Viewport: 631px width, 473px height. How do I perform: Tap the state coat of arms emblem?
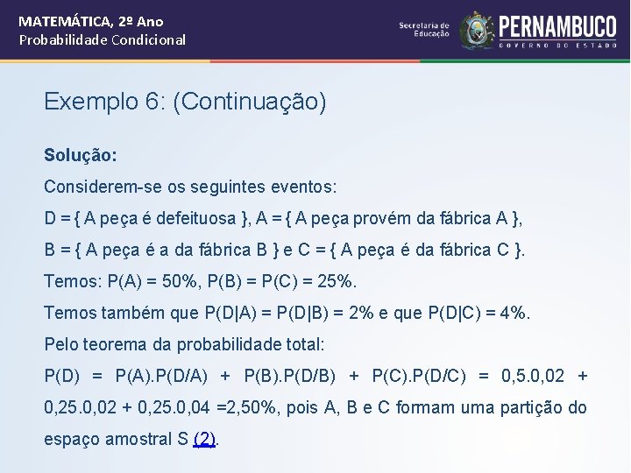(x=477, y=30)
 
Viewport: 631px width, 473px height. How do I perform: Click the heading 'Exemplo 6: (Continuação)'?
(x=185, y=102)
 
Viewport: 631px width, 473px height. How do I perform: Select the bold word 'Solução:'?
(x=81, y=155)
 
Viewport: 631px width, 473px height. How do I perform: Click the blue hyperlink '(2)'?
(x=204, y=439)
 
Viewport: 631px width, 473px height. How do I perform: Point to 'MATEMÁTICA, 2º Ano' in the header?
(x=91, y=21)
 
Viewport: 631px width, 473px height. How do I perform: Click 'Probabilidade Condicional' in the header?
(x=103, y=39)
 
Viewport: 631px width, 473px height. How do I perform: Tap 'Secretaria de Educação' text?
(x=424, y=30)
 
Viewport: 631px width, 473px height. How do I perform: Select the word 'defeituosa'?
(x=193, y=218)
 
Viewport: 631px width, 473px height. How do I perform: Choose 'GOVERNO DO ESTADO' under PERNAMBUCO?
(x=557, y=44)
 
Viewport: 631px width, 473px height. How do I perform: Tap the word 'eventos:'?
(x=307, y=187)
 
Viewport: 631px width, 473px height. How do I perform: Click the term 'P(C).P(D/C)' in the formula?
(x=419, y=376)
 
